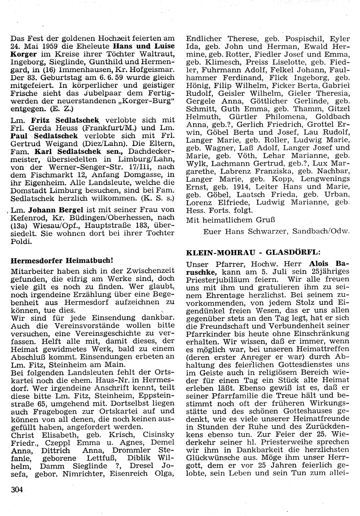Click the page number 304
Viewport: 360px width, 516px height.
(x=17, y=489)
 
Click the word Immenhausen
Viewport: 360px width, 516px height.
(x=70, y=70)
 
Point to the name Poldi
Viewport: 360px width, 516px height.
(x=21, y=241)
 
